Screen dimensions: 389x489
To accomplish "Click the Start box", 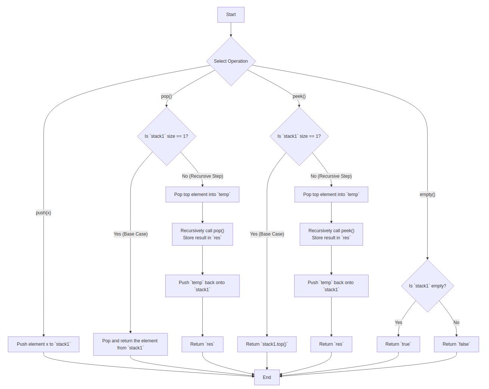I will (x=231, y=15).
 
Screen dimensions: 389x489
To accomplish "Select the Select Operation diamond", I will (x=231, y=61).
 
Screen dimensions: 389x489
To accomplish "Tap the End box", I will (x=267, y=377).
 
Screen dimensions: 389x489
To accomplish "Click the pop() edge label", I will (x=166, y=96).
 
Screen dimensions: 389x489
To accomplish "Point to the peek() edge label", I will (x=299, y=96).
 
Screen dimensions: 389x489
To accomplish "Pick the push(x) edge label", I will (x=43, y=213).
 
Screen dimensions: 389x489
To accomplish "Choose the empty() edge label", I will (x=427, y=194).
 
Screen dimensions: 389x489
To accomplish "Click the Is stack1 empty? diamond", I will (x=427, y=286).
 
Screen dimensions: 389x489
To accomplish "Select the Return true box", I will (x=398, y=344).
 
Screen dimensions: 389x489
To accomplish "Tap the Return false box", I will (x=456, y=344).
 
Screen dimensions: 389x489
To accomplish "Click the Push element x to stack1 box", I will (x=43, y=344).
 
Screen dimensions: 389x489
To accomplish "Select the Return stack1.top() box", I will (x=267, y=344).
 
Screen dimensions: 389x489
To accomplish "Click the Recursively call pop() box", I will (x=202, y=234).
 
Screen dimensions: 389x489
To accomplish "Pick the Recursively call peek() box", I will (x=331, y=234).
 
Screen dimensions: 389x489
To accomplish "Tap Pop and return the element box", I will (x=130, y=344).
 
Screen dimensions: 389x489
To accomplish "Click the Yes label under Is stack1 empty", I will (x=399, y=323).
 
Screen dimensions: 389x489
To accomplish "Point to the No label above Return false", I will (x=456, y=323).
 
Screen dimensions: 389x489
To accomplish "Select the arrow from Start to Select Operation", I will (x=231, y=30).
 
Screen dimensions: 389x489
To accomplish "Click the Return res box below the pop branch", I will (x=202, y=344).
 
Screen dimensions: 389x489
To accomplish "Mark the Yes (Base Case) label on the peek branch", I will (x=267, y=234).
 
